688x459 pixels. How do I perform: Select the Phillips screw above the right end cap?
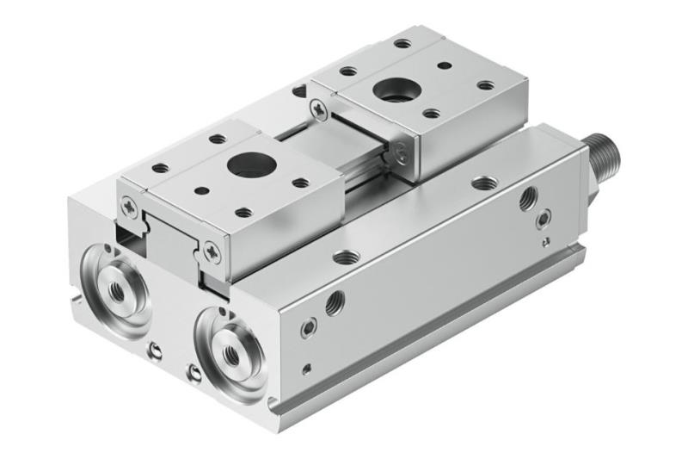pos(211,251)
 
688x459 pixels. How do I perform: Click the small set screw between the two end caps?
pos(155,350)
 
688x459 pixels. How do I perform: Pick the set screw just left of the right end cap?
pos(195,373)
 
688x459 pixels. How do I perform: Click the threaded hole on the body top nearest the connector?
pos(483,183)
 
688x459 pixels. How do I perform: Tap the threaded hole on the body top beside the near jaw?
pos(348,256)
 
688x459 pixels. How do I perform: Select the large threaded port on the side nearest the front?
pos(335,301)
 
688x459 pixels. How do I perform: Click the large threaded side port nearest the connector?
pos(529,197)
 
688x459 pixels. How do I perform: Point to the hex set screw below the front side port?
pos(309,327)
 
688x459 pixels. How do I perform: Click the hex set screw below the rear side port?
pos(543,221)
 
